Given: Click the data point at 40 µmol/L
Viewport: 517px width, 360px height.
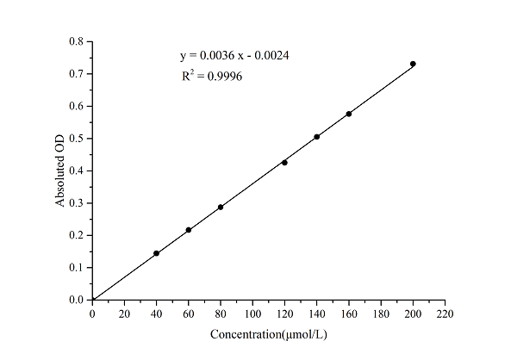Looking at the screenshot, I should pyautogui.click(x=156, y=253).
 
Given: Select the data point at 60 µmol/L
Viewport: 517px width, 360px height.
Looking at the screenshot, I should pyautogui.click(x=189, y=230).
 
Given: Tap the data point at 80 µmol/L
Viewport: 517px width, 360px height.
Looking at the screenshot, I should pyautogui.click(x=221, y=207).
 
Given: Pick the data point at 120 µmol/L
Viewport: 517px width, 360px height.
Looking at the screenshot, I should pyautogui.click(x=284, y=162).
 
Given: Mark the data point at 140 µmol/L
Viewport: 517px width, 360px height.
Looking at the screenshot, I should pyautogui.click(x=317, y=137).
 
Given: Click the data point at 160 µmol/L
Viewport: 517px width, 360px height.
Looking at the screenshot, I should pyautogui.click(x=349, y=114).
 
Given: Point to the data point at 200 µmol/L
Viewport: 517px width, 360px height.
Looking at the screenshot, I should pyautogui.click(x=413, y=64).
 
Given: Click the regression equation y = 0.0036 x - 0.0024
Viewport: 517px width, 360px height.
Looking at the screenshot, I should pyautogui.click(x=234, y=56).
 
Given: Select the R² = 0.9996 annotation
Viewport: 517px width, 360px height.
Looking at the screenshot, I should pyautogui.click(x=211, y=77).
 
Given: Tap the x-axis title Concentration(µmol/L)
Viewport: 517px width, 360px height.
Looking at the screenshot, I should pyautogui.click(x=268, y=333).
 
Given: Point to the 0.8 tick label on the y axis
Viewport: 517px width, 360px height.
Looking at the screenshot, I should pyautogui.click(x=77, y=41).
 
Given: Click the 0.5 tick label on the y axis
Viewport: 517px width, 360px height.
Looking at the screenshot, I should pyautogui.click(x=77, y=139).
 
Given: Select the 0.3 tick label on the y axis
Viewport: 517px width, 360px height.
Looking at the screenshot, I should pyautogui.click(x=77, y=203).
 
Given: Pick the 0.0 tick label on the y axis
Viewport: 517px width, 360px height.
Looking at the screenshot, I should pyautogui.click(x=77, y=300).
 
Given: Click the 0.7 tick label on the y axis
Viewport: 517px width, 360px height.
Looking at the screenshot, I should pyautogui.click(x=77, y=74).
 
